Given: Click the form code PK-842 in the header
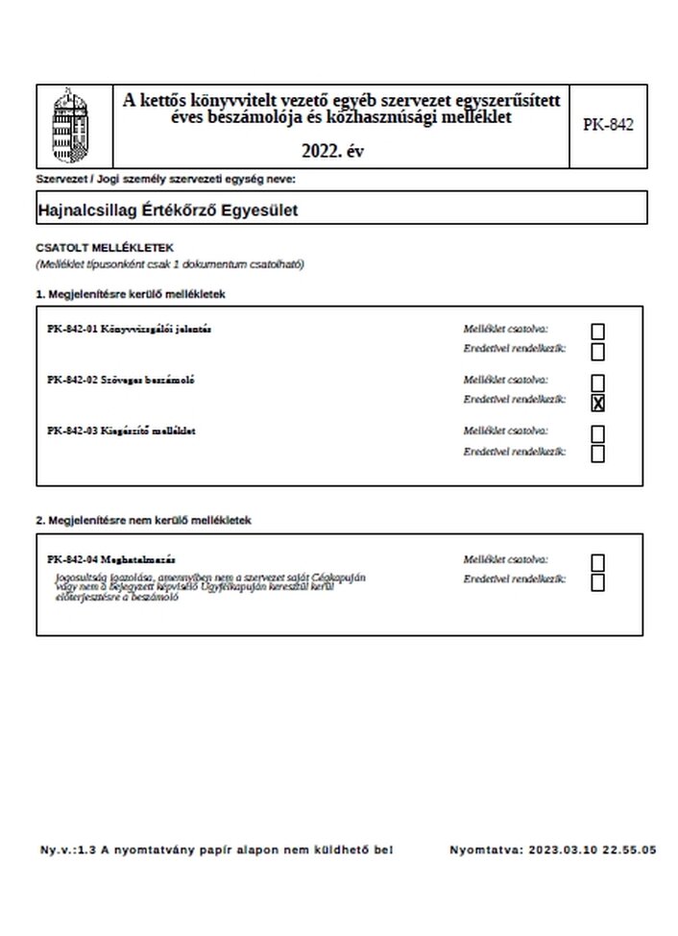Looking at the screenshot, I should coord(608,125).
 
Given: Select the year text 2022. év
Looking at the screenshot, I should coord(332,150).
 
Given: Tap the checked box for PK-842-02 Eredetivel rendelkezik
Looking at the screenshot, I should coord(598,404).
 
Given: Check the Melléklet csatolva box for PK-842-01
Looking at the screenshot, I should coord(598,332).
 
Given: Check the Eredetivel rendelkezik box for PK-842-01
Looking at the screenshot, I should coord(598,352).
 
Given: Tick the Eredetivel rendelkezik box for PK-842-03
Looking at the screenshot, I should coord(598,455).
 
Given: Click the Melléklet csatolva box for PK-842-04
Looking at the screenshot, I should coord(598,562).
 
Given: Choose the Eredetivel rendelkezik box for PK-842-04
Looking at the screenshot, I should coord(598,582).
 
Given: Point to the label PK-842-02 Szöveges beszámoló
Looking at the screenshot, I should coord(121,381).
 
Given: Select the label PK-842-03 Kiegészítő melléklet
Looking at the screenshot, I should coord(121,431).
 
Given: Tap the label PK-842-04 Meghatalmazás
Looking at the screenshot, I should coord(110,559).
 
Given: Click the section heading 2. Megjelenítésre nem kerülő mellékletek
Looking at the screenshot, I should coord(144,520).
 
